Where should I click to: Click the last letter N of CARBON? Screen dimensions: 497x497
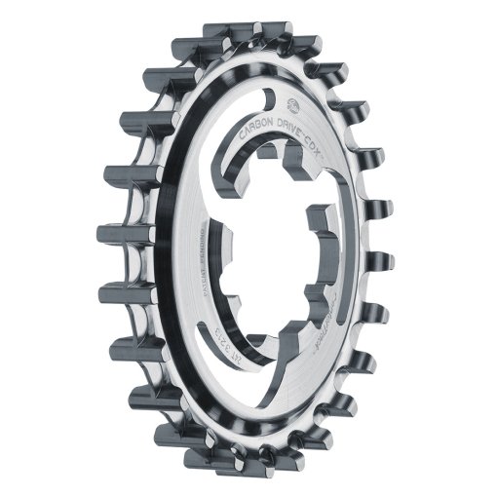[x=273, y=124]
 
